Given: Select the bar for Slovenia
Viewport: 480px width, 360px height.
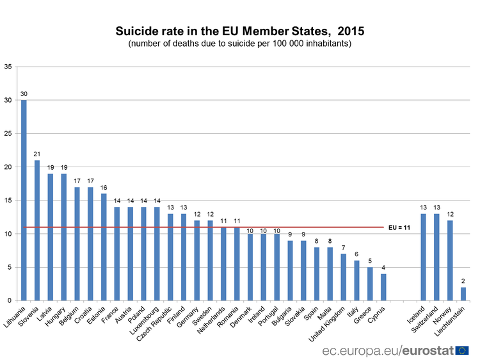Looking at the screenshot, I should (x=37, y=231).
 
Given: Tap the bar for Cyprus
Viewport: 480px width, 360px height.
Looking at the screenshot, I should (x=383, y=287).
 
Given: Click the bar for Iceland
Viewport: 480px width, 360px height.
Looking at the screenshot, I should (x=423, y=257).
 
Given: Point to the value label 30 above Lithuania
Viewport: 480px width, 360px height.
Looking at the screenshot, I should (x=24, y=94).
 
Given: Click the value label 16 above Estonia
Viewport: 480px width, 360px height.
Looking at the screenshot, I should (x=104, y=188).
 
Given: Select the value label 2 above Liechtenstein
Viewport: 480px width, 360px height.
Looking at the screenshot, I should (x=463, y=281).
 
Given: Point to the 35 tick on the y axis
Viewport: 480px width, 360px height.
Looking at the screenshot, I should (x=8, y=67).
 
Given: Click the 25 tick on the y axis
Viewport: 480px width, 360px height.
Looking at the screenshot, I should (x=8, y=133).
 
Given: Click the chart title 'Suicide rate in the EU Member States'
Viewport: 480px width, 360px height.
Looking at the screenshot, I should (x=239, y=31).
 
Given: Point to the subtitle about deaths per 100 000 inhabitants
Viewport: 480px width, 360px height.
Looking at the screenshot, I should (x=239, y=44).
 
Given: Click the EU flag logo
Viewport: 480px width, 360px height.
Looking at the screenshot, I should (x=462, y=350).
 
